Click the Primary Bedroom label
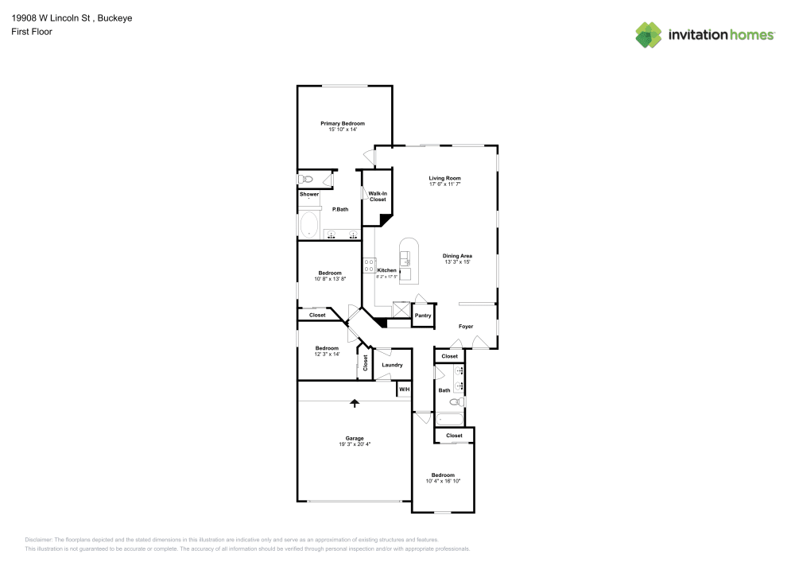pos(343,123)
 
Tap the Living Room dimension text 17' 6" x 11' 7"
pos(444,184)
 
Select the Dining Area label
pos(457,256)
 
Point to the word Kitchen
pos(386,270)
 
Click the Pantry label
pos(423,316)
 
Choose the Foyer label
pos(465,327)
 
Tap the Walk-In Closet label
pos(378,196)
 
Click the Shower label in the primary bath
pos(309,194)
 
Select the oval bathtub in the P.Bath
pos(308,225)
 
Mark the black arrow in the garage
pos(355,404)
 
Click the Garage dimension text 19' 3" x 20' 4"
pos(355,444)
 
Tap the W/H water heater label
pos(404,390)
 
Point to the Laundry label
pos(392,365)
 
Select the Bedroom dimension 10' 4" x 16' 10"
pos(443,481)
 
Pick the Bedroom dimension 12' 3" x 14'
pos(327,354)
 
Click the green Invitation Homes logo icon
pos(649,34)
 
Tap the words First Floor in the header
pos(32,32)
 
